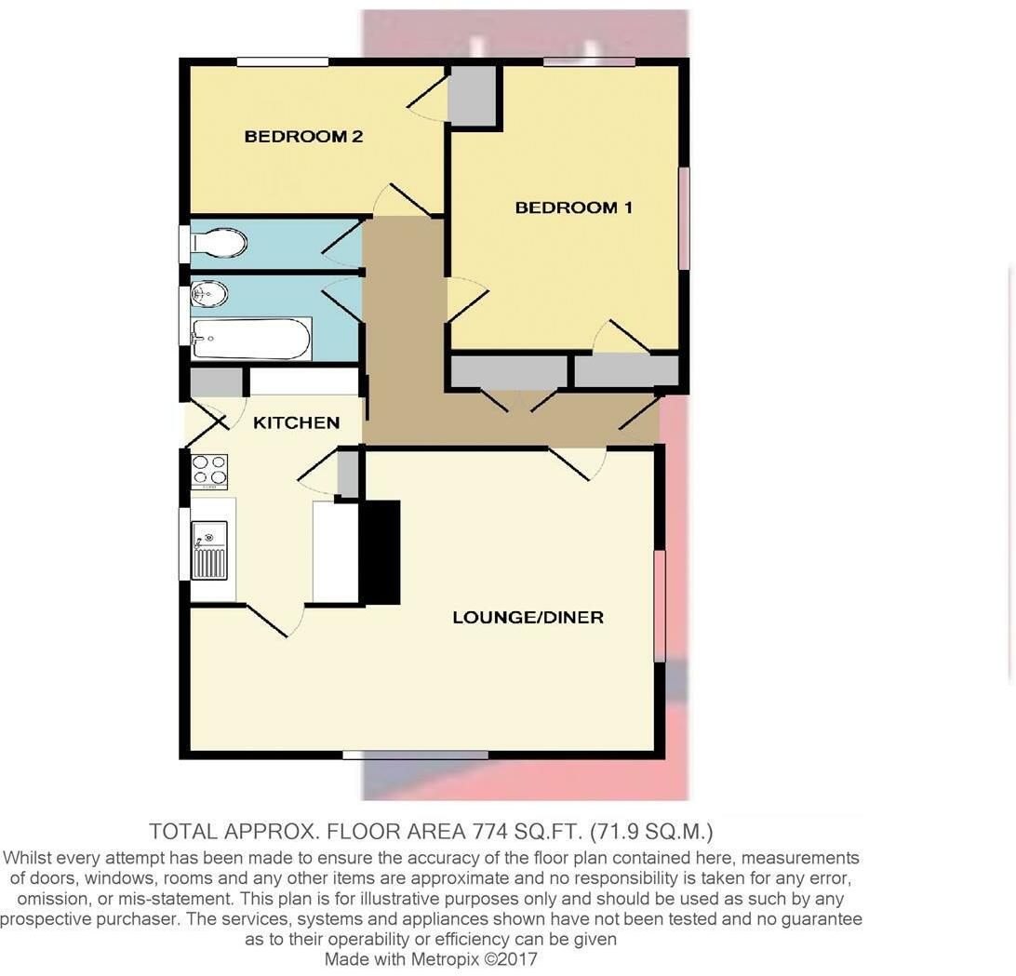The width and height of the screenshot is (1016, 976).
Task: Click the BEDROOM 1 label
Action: pyautogui.click(x=573, y=207)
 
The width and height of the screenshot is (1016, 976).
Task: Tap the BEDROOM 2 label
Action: pyautogui.click(x=303, y=137)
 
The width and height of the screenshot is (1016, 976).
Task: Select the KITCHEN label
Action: pyautogui.click(x=296, y=422)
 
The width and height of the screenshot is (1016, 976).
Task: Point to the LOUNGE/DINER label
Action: pyautogui.click(x=528, y=617)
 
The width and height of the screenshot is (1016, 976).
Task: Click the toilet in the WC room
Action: pyautogui.click(x=220, y=244)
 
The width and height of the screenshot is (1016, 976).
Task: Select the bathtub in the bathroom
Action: pyautogui.click(x=250, y=339)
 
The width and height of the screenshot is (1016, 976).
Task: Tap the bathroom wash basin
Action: pyautogui.click(x=209, y=294)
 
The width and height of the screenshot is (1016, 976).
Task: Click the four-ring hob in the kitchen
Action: pyautogui.click(x=209, y=471)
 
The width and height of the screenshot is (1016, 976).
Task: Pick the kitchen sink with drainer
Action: pyautogui.click(x=209, y=549)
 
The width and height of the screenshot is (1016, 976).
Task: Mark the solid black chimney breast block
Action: pyautogui.click(x=380, y=553)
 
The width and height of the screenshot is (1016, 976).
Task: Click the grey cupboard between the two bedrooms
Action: pyautogui.click(x=472, y=95)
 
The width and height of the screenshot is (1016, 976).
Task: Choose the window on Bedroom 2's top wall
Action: pyautogui.click(x=282, y=62)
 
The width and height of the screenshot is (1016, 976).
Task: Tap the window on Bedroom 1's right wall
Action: pyautogui.click(x=684, y=218)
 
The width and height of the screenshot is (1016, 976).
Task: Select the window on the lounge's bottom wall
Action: pyautogui.click(x=415, y=755)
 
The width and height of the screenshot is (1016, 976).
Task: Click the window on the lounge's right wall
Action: pyautogui.click(x=660, y=606)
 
